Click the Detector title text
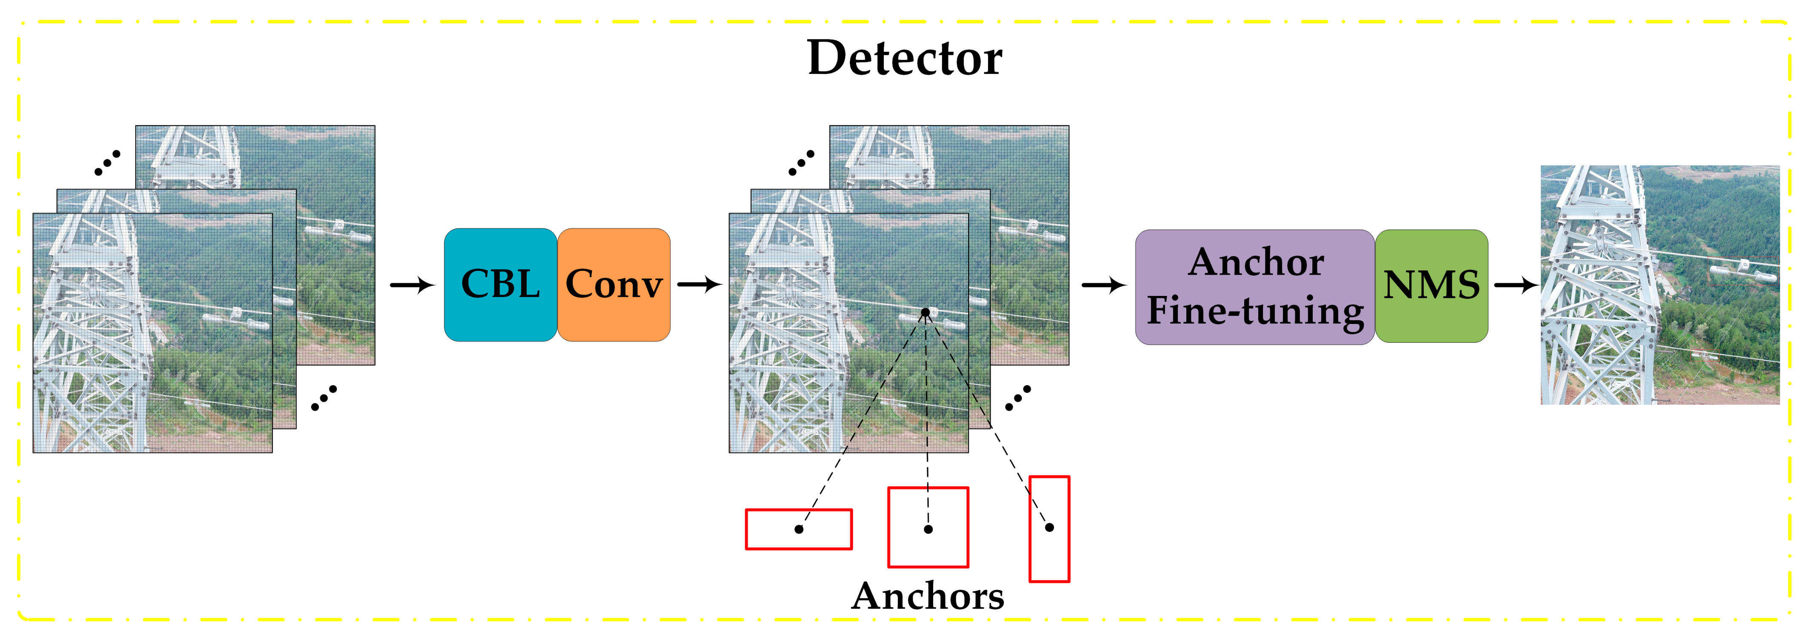pos(904,58)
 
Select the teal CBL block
pos(500,284)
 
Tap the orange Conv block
pos(614,284)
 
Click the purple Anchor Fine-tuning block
pos(1254,287)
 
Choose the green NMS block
pos(1431,286)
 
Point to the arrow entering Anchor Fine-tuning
pos(1104,285)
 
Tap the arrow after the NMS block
pos(1515,285)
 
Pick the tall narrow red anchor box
pos(1049,529)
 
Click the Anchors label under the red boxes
pos(927,597)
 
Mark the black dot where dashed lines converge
pos(925,312)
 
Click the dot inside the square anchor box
pos(928,529)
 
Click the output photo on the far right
pos(1660,285)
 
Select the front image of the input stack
pos(153,333)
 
